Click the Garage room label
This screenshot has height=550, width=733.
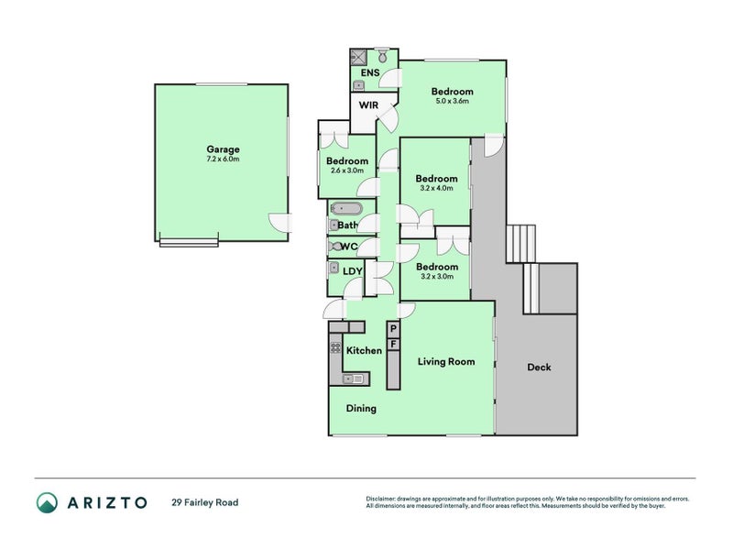coord(223,149)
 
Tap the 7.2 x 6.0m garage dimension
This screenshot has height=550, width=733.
coord(223,159)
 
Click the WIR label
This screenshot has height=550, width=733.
coord(368,106)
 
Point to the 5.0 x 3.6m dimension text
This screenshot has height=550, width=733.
coord(452,102)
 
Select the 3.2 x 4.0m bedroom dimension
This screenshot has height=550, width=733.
coord(436,189)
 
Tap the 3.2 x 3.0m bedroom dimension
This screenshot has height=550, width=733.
coord(436,276)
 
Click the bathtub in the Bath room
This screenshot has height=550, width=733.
coord(346,209)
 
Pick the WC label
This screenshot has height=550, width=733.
coord(348,247)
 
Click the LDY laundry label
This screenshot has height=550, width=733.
coord(353,270)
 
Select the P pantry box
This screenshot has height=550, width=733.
coord(393,328)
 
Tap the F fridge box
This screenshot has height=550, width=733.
coord(393,345)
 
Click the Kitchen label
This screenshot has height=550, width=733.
coord(364,351)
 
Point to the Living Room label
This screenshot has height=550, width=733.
coord(446,361)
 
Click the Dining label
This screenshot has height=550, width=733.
coord(361,409)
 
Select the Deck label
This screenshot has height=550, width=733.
coord(539,368)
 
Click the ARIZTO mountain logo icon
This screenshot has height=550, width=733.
coord(47,502)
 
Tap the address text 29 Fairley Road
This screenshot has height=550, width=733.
coord(204,502)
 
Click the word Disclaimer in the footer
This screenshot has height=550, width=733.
coord(382,499)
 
